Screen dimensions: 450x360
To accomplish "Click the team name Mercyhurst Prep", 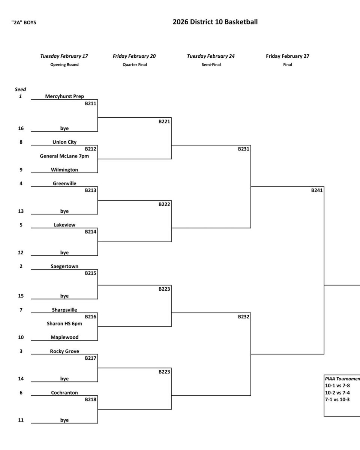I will point(64,96).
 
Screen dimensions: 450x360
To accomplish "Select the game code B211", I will point(90,103).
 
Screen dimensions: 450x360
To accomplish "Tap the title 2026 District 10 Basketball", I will point(215,22).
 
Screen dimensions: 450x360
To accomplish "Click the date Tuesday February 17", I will point(64,56).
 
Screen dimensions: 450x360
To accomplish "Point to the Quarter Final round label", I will point(134,64).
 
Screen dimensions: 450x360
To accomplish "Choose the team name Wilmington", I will point(64,170).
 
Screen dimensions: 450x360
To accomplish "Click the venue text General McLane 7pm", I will point(64,156).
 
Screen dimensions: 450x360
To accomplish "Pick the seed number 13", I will point(21,211).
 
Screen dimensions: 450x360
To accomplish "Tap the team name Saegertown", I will point(64,266).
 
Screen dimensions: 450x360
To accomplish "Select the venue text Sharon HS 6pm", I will point(64,324).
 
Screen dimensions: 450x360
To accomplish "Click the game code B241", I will point(317,190).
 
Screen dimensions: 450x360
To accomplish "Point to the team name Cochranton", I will point(64,393).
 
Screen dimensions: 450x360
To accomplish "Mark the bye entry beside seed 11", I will point(64,420).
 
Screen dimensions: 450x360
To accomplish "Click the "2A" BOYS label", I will point(24,22).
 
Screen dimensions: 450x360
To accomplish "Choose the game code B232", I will point(243,317).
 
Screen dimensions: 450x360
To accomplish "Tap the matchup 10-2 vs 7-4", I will point(337,393).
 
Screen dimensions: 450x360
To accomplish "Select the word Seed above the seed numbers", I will point(21,90).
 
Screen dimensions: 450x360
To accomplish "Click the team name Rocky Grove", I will point(64,351).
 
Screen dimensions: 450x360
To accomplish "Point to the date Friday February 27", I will point(288,56).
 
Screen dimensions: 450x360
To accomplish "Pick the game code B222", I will point(164,205).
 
